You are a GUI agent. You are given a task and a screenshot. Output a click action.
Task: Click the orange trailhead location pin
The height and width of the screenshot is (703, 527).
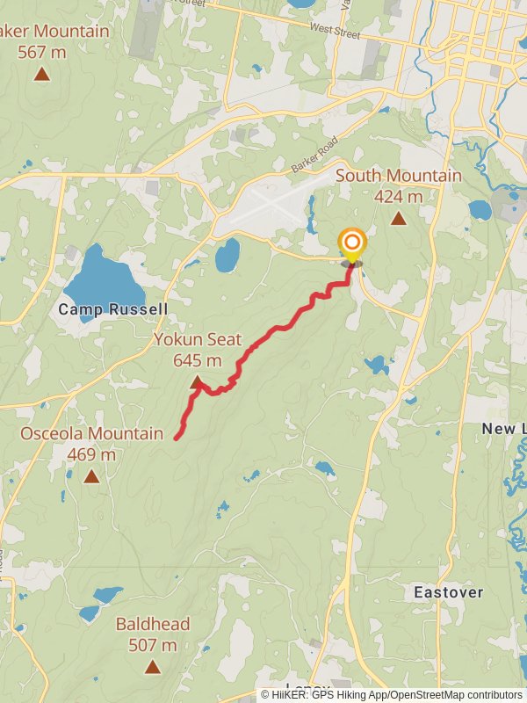[x=352, y=243]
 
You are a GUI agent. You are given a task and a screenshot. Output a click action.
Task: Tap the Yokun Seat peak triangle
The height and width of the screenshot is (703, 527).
[x=198, y=382]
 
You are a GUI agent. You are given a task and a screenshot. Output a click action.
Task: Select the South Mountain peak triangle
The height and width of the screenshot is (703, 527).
[x=398, y=218]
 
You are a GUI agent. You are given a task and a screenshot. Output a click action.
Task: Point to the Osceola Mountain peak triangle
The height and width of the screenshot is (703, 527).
[x=91, y=476]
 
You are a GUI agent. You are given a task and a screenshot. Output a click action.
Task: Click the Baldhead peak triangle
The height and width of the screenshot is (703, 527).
[x=153, y=667]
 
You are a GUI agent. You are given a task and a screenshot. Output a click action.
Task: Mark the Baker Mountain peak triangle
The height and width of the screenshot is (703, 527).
[x=41, y=73]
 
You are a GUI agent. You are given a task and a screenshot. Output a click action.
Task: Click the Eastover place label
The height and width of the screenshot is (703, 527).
[x=448, y=592]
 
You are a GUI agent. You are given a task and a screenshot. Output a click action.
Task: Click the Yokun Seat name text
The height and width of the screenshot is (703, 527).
[x=198, y=339]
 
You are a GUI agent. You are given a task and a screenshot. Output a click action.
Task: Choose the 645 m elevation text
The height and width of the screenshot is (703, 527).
[x=198, y=359]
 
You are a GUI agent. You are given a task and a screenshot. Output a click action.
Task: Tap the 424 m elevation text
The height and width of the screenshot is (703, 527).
[x=398, y=196]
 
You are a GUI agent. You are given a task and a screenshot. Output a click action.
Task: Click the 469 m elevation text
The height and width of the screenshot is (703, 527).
[x=91, y=454]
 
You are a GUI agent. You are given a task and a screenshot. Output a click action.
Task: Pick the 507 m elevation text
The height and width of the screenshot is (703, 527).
[x=153, y=645]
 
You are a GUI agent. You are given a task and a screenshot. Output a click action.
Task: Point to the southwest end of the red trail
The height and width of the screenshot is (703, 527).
[x=177, y=437]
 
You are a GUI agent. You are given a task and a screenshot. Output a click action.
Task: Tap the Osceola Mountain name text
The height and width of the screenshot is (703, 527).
[x=91, y=433]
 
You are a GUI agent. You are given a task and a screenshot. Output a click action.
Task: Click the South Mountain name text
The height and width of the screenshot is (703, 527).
[x=398, y=176]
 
